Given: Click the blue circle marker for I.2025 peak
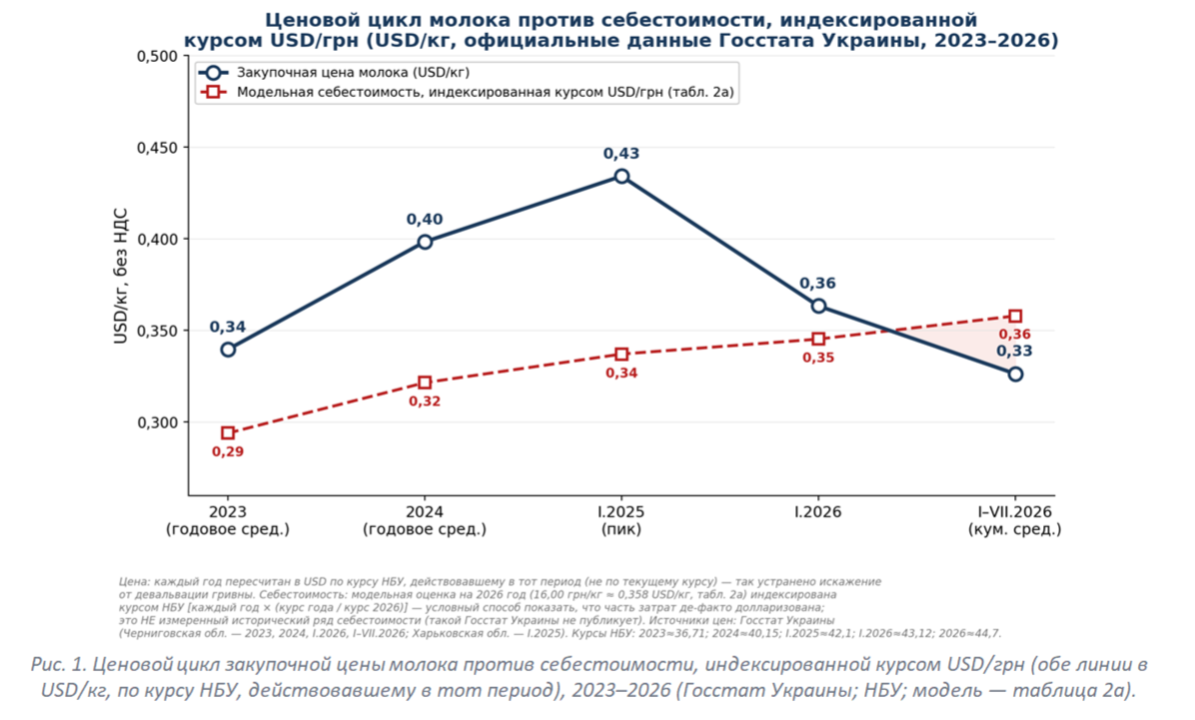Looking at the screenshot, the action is click(x=621, y=177).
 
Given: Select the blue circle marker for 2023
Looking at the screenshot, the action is click(x=228, y=350).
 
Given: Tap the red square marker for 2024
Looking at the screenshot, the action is click(x=425, y=382).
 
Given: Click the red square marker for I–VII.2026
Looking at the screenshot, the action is click(x=1015, y=317).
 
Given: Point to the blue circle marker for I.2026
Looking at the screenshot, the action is click(x=818, y=306).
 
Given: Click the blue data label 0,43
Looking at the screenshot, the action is click(x=621, y=154).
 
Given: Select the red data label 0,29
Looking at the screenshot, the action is click(x=228, y=451).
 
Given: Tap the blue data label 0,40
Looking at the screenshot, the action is click(x=425, y=220).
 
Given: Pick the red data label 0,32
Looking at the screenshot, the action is click(x=425, y=401).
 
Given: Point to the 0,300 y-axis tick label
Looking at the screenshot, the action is click(x=157, y=422).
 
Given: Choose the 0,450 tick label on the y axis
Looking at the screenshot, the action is click(x=157, y=148).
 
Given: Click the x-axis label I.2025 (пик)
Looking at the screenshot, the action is click(x=621, y=520).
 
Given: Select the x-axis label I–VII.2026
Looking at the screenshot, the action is click(x=1015, y=512).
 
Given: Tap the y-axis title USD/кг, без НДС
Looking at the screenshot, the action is click(x=121, y=276).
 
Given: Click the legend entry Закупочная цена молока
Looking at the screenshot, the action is click(x=353, y=73).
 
